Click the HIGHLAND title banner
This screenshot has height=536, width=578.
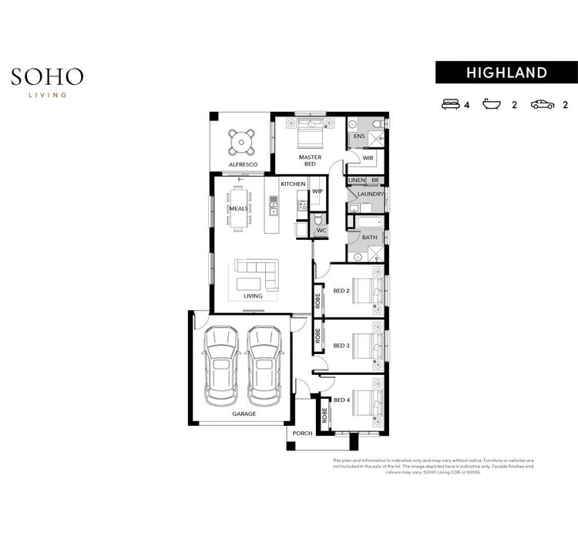[506, 72]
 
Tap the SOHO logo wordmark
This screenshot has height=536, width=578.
[47, 76]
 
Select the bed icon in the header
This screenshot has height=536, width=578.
[450, 103]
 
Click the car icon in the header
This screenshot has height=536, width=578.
[542, 103]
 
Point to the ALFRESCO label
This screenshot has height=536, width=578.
[243, 165]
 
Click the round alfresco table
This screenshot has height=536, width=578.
[241, 140]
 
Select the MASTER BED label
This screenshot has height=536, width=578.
[310, 160]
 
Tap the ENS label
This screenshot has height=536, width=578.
[358, 137]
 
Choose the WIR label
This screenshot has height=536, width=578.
[368, 158]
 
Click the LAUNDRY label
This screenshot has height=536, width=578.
[371, 194]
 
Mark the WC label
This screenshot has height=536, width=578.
[322, 230]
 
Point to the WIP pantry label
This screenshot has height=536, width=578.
[317, 191]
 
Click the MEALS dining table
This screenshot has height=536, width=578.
[239, 209]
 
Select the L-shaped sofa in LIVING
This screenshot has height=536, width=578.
[257, 274]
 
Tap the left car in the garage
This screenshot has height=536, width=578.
[221, 364]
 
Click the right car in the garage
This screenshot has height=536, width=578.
[264, 364]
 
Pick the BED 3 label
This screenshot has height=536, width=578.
[341, 346]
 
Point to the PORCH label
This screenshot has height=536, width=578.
[302, 433]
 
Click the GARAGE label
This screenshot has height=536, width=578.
[244, 414]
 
